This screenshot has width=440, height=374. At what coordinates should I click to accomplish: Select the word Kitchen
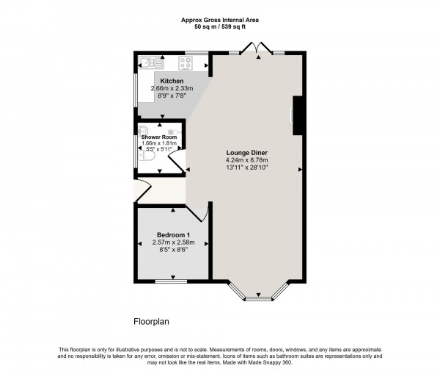tap(172, 81)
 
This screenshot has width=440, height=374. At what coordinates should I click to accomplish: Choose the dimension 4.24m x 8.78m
tap(246, 160)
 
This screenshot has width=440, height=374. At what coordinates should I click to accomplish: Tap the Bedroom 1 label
tap(172, 235)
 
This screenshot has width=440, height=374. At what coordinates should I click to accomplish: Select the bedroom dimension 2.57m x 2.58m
tap(172, 242)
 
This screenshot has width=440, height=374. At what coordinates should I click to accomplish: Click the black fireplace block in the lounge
tap(298, 115)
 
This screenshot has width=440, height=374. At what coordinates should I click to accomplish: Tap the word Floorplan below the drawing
tap(150, 321)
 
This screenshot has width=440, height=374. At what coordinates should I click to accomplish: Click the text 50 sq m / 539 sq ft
tap(219, 26)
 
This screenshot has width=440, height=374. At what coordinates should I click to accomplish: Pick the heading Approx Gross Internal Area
tap(219, 19)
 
